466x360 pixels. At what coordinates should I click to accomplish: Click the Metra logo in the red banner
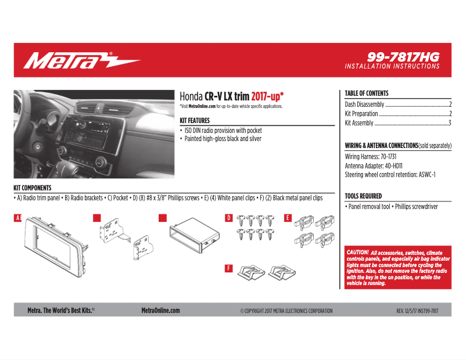81,60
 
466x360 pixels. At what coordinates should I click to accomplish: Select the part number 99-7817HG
403,57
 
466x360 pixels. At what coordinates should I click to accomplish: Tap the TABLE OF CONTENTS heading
366,93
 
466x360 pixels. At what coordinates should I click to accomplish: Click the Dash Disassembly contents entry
365,105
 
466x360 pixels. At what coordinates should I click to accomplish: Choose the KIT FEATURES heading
195,120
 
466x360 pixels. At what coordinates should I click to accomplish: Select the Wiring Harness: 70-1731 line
370,157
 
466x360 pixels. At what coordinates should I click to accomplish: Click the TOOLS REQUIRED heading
363,196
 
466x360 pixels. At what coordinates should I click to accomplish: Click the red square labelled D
229,218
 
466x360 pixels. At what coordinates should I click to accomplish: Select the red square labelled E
288,218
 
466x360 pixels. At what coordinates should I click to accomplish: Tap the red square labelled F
229,268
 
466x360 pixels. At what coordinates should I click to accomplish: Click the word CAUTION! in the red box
357,253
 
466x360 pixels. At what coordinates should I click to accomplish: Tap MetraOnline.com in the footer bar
160,311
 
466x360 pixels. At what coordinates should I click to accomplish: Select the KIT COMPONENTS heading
32,188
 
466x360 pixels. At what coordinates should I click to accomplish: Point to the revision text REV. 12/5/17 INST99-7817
417,311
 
